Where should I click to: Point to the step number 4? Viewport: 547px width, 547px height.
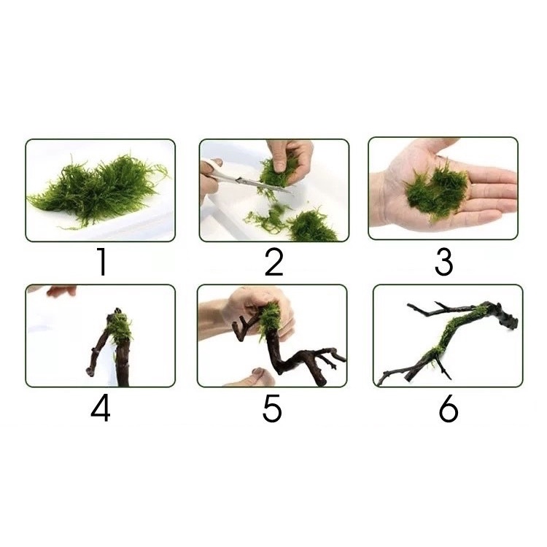point(101,408)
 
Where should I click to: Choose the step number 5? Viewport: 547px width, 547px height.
point(272,408)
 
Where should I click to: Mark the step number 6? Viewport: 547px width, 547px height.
point(448,408)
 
